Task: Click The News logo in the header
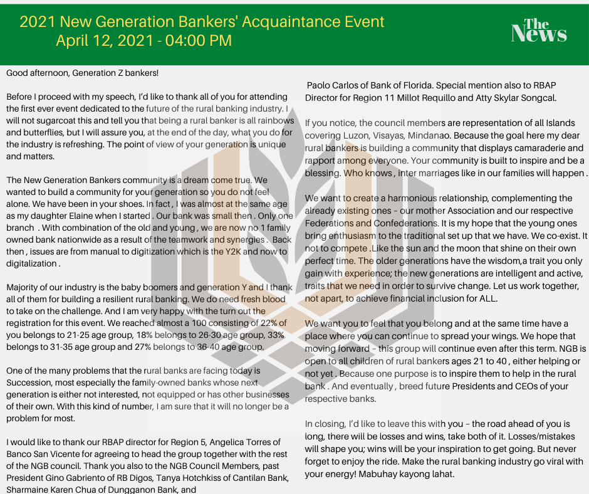click(539, 30)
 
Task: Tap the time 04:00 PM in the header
click(199, 41)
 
